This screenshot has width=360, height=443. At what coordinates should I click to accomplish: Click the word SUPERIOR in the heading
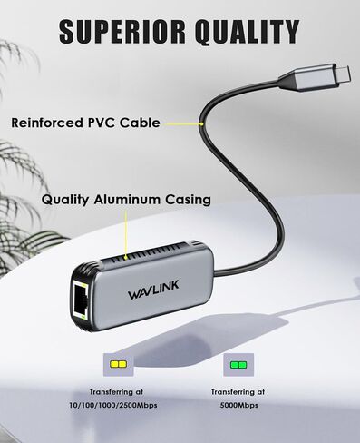click(118, 31)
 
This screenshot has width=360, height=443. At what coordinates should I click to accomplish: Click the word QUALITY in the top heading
click(242, 31)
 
